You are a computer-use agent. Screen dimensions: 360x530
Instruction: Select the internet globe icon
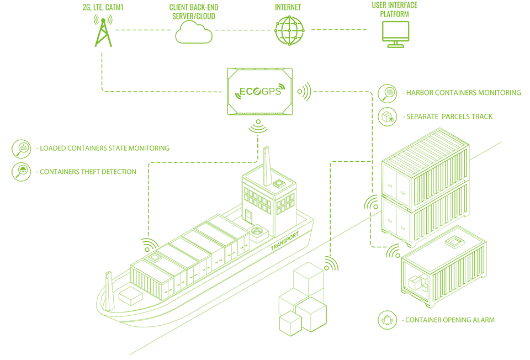289,30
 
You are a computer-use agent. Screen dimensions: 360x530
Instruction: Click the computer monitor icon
395,34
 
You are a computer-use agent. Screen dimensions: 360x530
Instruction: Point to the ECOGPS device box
259,91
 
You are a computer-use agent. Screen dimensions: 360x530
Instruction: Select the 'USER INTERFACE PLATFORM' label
395,9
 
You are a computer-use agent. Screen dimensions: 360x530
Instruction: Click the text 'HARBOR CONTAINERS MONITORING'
463,93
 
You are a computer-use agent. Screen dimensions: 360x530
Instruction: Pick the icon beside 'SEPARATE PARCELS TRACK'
387,117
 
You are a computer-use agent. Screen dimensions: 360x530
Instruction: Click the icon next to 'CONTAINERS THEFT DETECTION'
22,172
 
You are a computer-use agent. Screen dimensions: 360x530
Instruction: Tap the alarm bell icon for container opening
387,320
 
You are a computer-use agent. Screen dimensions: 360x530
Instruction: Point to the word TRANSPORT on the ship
285,241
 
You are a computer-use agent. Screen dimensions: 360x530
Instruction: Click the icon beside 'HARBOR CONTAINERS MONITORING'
387,93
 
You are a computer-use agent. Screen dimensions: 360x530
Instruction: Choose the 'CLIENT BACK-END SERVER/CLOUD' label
193,12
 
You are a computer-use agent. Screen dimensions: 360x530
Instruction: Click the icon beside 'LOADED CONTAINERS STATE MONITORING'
22,148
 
